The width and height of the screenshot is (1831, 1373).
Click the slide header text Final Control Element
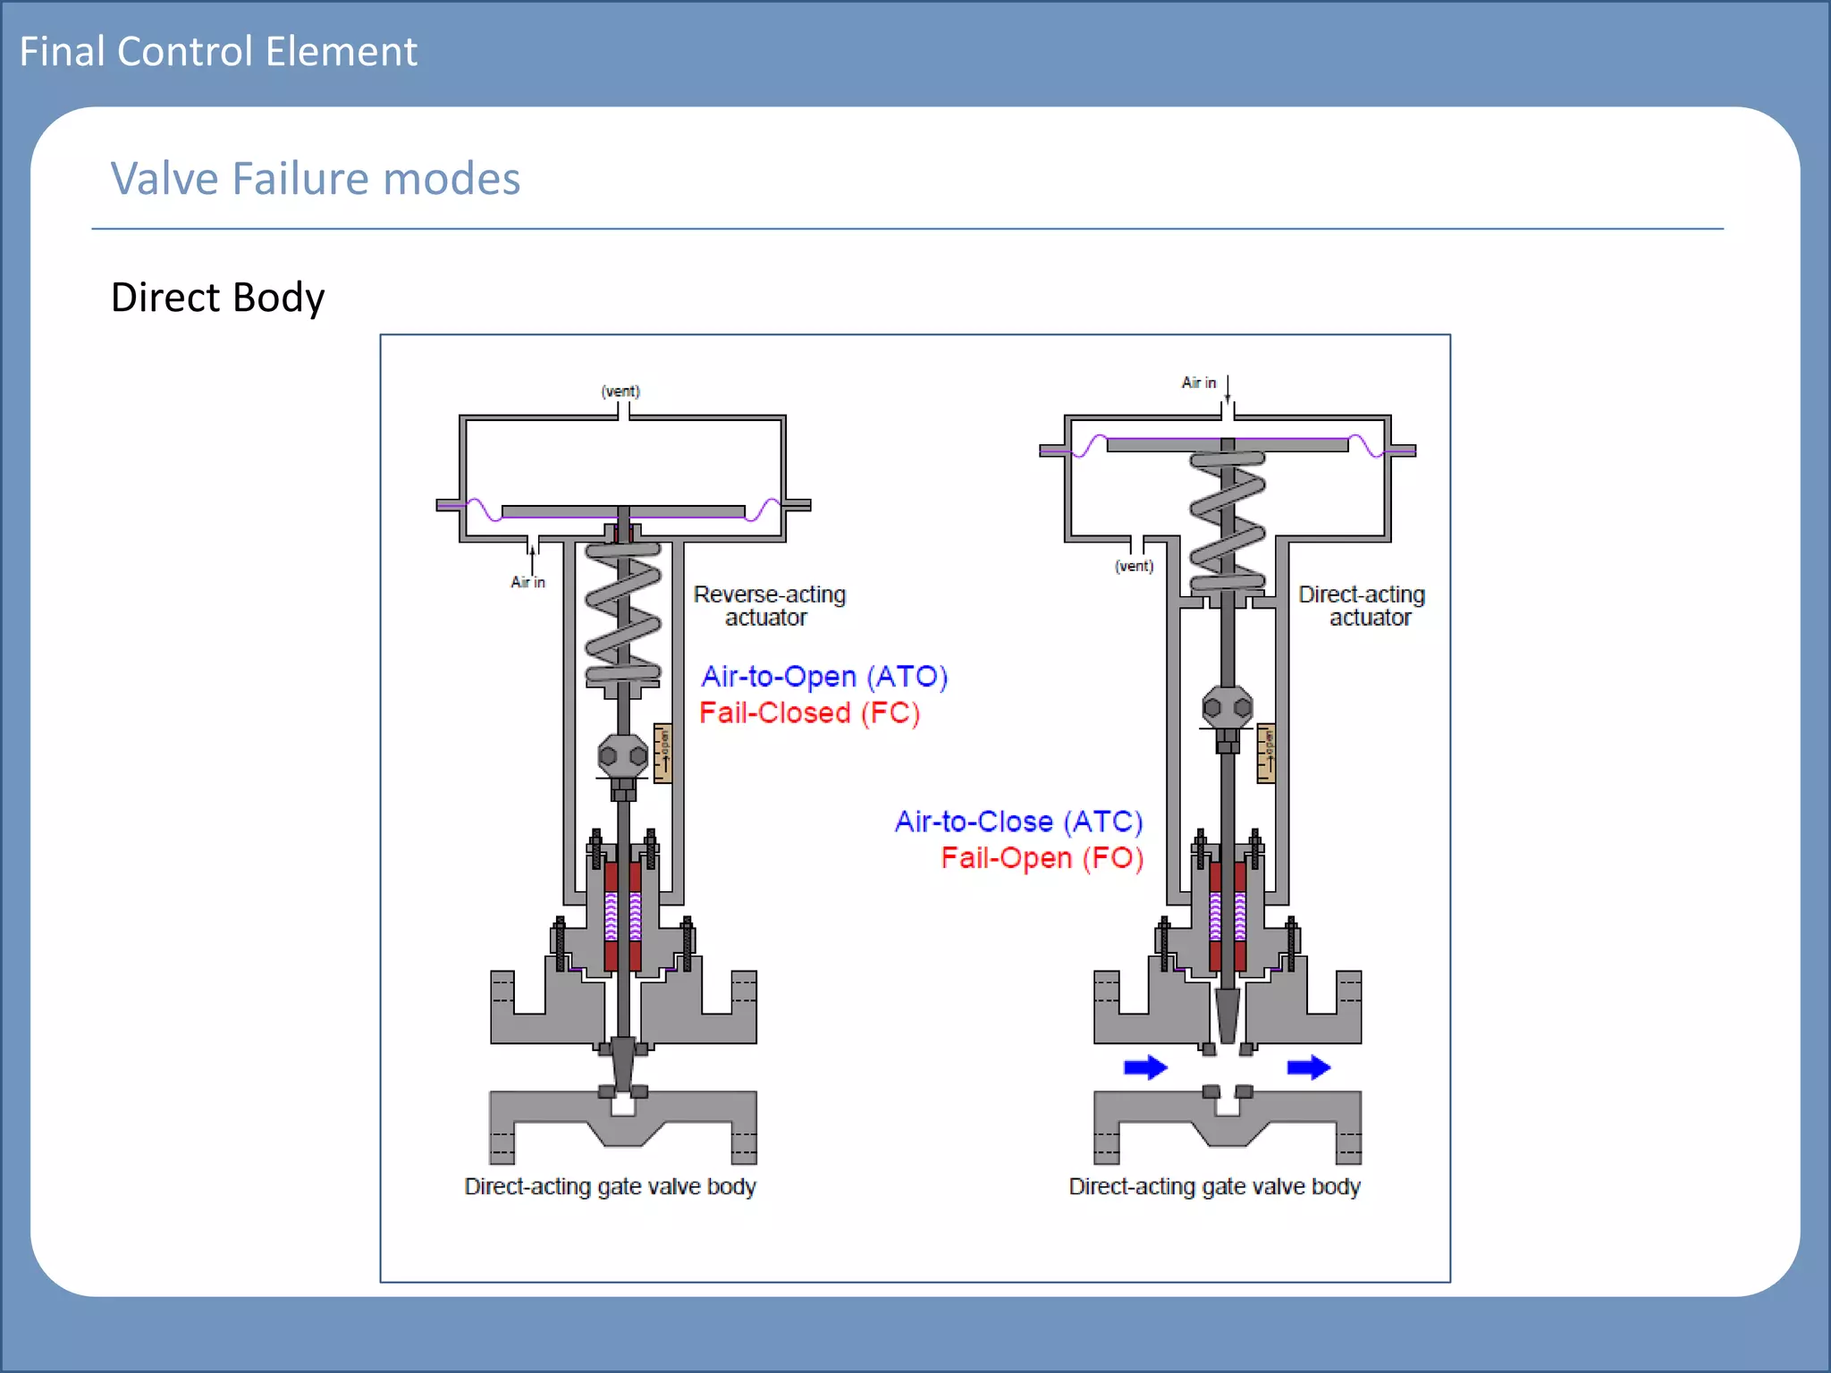(x=218, y=52)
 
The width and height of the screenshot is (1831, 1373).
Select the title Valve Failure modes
(x=315, y=179)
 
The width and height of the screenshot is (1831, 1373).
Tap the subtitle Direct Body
(x=217, y=298)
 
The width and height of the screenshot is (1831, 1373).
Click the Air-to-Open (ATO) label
(x=823, y=677)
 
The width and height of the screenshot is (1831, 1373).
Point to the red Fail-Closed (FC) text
(x=809, y=713)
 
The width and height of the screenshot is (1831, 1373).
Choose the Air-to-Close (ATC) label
(x=1018, y=821)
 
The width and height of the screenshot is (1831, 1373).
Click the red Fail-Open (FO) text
(x=1042, y=858)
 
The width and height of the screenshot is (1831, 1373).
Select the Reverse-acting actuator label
(x=769, y=606)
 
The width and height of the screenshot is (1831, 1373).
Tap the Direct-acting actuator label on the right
(x=1362, y=606)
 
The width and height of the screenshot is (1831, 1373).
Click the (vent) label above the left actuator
(x=620, y=392)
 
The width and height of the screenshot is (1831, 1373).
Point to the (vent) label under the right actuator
(x=1134, y=566)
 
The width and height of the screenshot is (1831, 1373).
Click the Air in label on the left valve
(x=527, y=582)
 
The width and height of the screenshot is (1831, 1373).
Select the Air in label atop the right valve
(x=1199, y=383)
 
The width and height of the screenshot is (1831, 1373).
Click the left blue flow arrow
(x=1145, y=1067)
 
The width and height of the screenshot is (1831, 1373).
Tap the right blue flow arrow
(x=1309, y=1067)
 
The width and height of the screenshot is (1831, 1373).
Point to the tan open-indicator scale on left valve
(x=663, y=754)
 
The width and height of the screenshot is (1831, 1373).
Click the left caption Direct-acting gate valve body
(x=610, y=1187)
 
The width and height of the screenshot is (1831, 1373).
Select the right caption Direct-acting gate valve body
(x=1214, y=1187)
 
